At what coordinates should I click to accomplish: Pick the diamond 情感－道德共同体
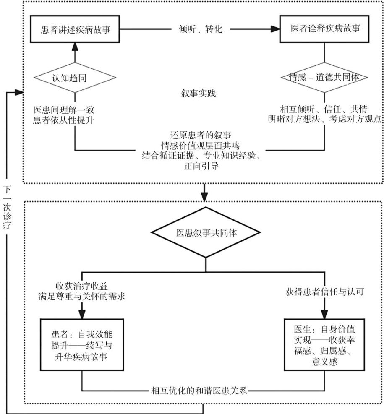(324, 78)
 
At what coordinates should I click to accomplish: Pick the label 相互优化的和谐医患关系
(200, 391)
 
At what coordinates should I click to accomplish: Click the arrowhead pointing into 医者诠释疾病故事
(275, 30)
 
